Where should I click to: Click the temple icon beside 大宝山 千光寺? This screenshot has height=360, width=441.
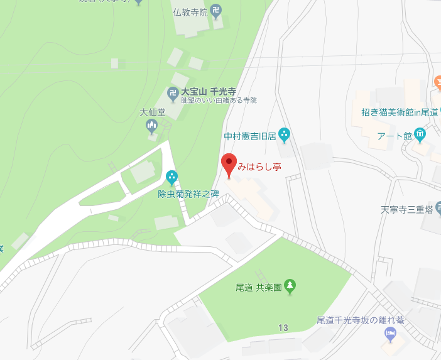[x=173, y=94]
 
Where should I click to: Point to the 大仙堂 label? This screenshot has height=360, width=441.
[x=152, y=113]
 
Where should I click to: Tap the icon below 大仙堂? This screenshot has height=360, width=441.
[x=152, y=127]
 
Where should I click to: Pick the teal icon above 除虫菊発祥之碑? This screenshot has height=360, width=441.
[x=171, y=178]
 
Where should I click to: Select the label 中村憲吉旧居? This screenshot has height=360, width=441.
[x=249, y=135]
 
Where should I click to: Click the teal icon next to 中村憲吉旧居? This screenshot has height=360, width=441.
[x=284, y=134]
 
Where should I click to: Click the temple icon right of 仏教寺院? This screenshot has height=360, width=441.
[x=216, y=11]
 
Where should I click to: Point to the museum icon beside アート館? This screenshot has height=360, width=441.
[x=420, y=134]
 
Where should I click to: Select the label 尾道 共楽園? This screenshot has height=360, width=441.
[x=257, y=287]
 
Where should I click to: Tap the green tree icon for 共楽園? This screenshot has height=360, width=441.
[x=290, y=286]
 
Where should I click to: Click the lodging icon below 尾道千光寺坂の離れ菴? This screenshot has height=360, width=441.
[x=390, y=334]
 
